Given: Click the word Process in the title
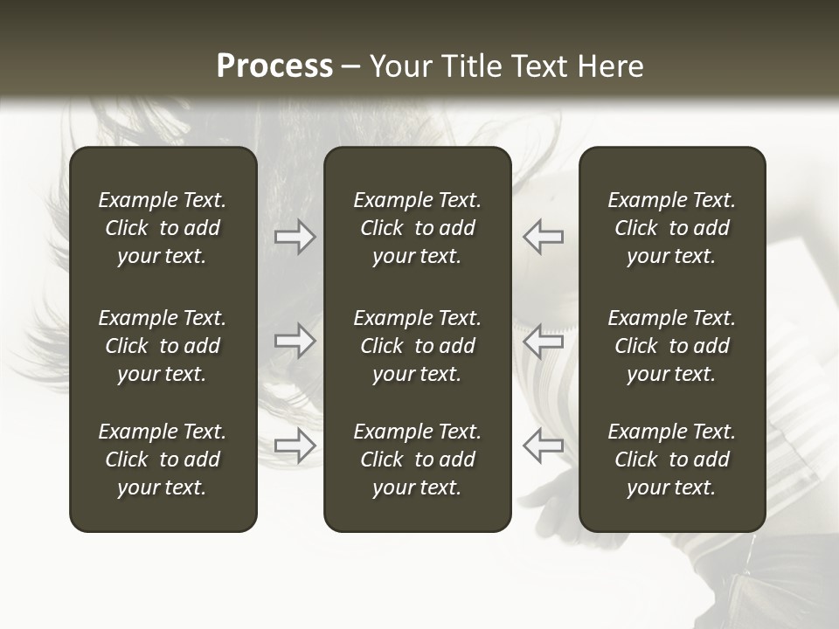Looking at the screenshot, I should pyautogui.click(x=274, y=66).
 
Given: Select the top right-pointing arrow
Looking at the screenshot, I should pyautogui.click(x=295, y=237).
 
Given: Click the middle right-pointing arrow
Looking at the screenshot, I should pyautogui.click(x=295, y=341).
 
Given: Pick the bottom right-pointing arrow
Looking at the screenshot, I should pyautogui.click(x=295, y=446).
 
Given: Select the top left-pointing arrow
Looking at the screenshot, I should pyautogui.click(x=544, y=237).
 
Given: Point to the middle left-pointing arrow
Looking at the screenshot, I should pyautogui.click(x=544, y=341).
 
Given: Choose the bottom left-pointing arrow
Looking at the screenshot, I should pyautogui.click(x=544, y=446).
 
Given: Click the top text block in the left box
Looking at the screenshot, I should pyautogui.click(x=163, y=228).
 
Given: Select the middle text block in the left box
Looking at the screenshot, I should pyautogui.click(x=163, y=346).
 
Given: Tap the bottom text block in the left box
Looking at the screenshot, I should pyautogui.click(x=163, y=460).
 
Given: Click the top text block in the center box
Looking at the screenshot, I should pyautogui.click(x=417, y=228).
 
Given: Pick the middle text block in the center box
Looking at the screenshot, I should pyautogui.click(x=417, y=346).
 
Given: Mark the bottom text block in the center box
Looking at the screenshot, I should pyautogui.click(x=417, y=460).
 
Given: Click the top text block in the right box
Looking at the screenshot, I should pyautogui.click(x=671, y=228).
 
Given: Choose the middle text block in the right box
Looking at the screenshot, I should pyautogui.click(x=671, y=346).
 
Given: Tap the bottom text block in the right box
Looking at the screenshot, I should pyautogui.click(x=671, y=460).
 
